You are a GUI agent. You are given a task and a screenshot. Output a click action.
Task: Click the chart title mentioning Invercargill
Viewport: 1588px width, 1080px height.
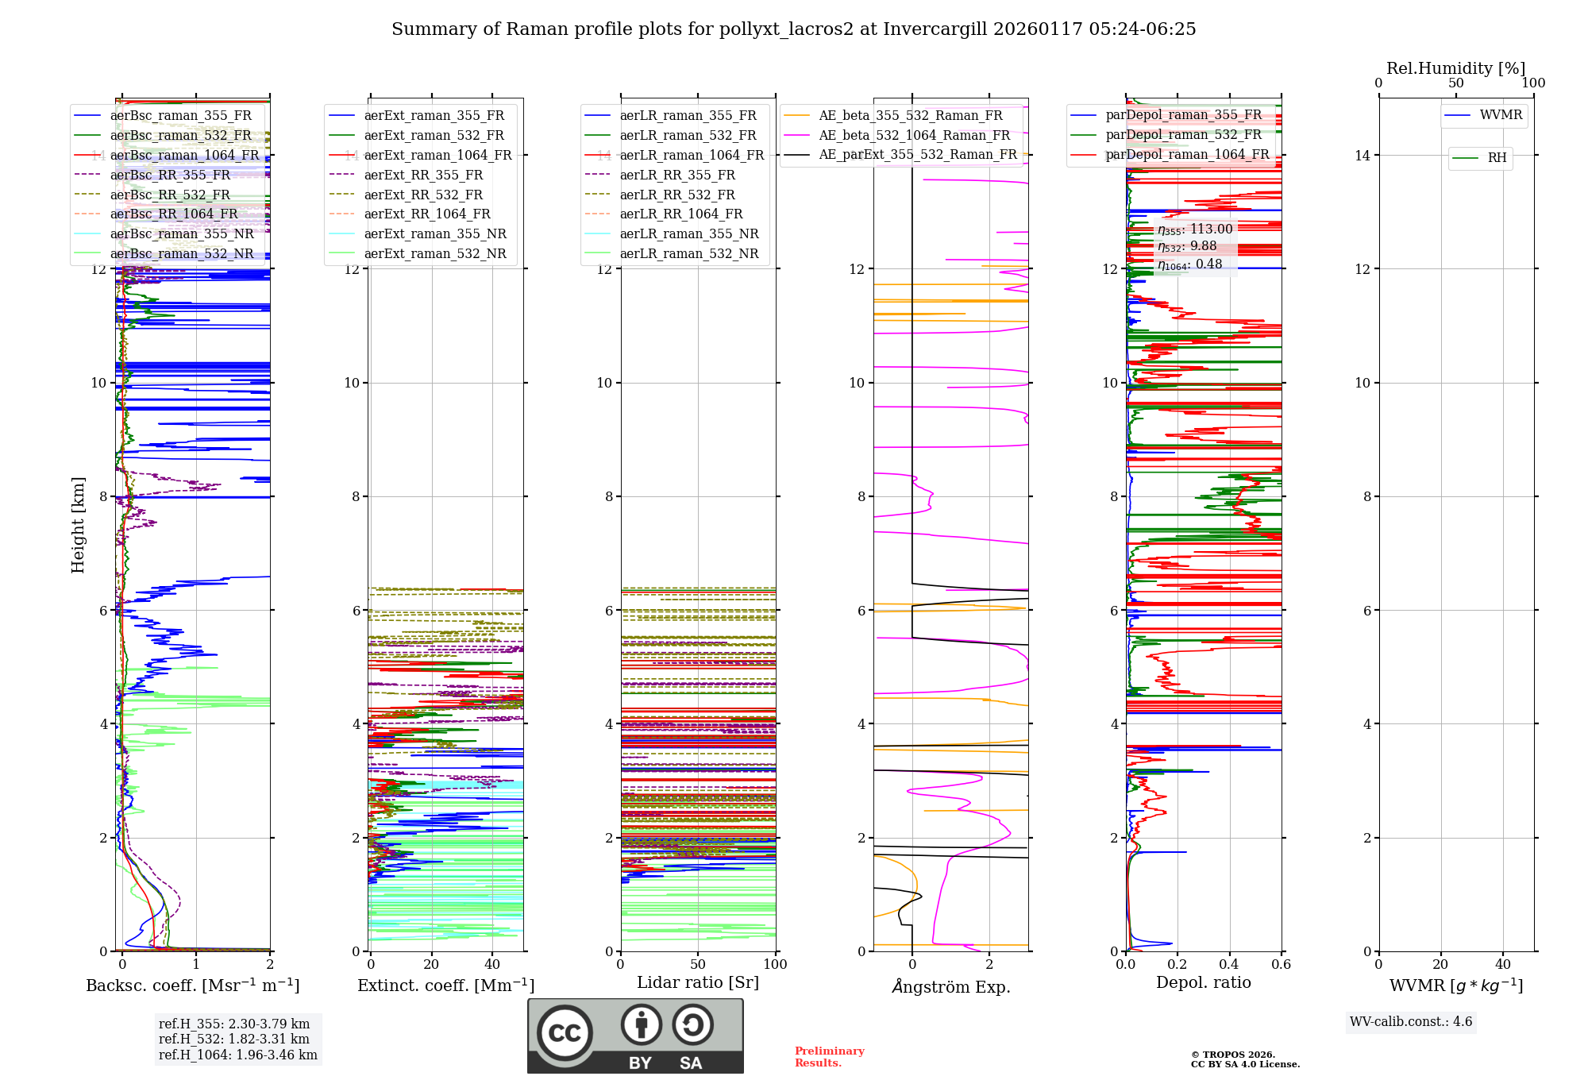793,29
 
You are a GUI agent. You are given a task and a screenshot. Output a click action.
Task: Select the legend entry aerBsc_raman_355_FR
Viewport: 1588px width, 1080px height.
180,116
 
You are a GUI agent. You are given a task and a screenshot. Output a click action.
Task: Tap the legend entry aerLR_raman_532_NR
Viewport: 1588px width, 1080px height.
688,254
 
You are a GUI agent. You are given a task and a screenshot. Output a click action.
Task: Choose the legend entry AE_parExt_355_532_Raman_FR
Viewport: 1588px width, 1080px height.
917,155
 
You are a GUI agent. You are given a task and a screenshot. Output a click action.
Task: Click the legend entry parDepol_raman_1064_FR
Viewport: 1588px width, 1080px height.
1187,155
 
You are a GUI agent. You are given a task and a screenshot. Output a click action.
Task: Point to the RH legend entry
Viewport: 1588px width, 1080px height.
1497,158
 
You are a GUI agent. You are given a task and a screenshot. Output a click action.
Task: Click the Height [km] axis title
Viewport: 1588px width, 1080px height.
78,524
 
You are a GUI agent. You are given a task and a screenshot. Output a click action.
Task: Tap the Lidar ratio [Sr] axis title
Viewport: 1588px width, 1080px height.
697,982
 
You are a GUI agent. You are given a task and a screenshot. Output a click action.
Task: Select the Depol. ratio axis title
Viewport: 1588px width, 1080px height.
1203,982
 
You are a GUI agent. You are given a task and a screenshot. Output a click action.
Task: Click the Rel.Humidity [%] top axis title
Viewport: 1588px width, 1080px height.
1455,68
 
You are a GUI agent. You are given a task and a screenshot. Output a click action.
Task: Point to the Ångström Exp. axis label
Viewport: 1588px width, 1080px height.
950,986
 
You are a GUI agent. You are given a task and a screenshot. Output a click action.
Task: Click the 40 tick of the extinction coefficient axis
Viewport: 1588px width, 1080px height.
492,964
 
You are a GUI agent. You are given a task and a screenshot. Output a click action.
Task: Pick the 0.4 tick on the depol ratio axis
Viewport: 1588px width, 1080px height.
1229,964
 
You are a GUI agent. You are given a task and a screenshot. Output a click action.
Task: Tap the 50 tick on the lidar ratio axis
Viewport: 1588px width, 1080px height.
698,964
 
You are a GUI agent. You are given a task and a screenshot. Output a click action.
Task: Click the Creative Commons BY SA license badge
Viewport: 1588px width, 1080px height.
635,1036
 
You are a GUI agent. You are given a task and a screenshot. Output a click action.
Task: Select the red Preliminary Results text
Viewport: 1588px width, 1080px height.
829,1056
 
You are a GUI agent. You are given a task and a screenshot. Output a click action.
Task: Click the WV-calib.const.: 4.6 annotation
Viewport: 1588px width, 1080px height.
1410,1022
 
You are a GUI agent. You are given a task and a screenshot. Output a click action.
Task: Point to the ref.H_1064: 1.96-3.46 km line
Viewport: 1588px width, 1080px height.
237,1055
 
